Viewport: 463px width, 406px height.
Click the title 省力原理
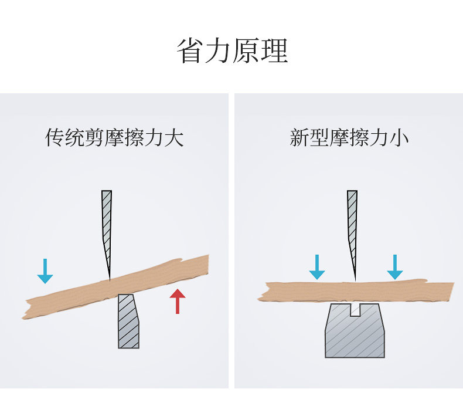coord(232,52)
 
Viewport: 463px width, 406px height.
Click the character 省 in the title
coord(190,52)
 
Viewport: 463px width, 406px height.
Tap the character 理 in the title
coord(274,52)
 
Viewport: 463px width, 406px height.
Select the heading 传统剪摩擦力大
coord(115,138)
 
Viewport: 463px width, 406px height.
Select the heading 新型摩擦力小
coord(349,138)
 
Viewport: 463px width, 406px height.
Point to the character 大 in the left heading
coord(174,138)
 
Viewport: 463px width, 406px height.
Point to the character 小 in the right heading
coord(399,138)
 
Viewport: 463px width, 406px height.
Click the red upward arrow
coord(177,301)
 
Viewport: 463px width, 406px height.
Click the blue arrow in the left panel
coord(45,270)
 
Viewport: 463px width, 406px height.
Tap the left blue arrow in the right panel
coord(317,267)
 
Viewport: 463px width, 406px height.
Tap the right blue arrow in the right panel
coord(396,267)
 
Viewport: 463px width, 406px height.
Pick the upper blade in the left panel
coord(106,223)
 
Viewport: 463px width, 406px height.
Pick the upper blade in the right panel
coord(352,223)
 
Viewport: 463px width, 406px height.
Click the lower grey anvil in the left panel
coord(128,322)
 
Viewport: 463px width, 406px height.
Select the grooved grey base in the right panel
coord(355,334)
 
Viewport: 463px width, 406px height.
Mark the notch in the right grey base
coord(355,309)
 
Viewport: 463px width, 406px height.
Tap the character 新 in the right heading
coord(299,138)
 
